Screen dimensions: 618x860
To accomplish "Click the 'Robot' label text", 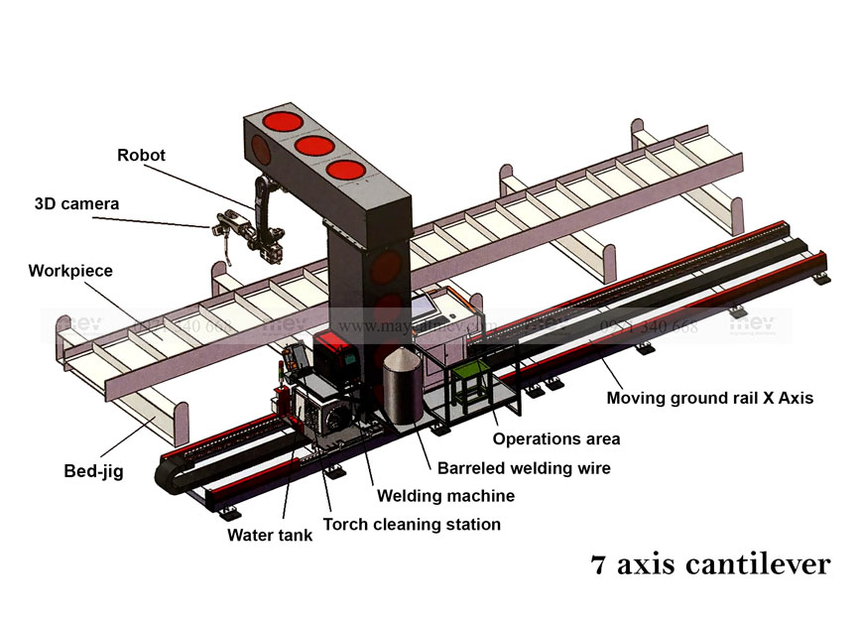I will click(141, 155).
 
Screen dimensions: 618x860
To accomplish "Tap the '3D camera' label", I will click(76, 204).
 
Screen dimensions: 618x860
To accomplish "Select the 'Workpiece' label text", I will click(70, 270).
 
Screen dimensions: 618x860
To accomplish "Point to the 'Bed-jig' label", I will click(92, 472).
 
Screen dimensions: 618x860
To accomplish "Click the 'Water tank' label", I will click(270, 536).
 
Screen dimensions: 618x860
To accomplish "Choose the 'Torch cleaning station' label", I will click(412, 524).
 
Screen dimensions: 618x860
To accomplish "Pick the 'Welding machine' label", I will click(444, 495).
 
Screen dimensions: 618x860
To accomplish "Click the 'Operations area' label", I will click(556, 438).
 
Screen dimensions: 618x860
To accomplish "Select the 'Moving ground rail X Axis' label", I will click(710, 399).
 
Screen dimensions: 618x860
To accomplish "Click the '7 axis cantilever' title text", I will click(709, 565).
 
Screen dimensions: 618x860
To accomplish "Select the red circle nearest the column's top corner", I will click(346, 171).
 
